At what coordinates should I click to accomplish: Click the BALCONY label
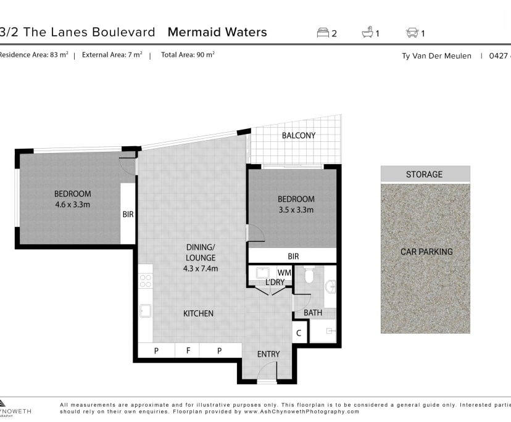[x=298, y=135]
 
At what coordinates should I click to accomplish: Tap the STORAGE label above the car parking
[x=424, y=174]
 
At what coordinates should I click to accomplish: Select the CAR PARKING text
[x=426, y=252]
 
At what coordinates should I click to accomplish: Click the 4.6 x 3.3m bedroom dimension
[x=72, y=204]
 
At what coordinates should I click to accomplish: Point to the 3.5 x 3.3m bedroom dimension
[x=296, y=210]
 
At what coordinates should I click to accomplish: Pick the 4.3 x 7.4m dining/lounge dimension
[x=201, y=268]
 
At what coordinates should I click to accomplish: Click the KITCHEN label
[x=198, y=313]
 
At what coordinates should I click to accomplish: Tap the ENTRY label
[x=268, y=354]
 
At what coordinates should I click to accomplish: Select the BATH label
[x=313, y=313]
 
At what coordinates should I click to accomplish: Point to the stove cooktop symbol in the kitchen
[x=146, y=281]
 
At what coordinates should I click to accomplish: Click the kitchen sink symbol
[x=146, y=310]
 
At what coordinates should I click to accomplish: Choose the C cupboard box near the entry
[x=299, y=333]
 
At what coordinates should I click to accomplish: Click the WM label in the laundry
[x=284, y=272]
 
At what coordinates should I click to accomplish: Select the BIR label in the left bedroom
[x=128, y=215]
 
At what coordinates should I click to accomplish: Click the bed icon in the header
[x=323, y=33]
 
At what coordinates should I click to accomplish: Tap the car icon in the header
[x=412, y=33]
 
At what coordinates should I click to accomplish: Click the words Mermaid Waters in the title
[x=217, y=32]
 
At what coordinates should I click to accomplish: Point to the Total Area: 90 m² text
[x=188, y=55]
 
